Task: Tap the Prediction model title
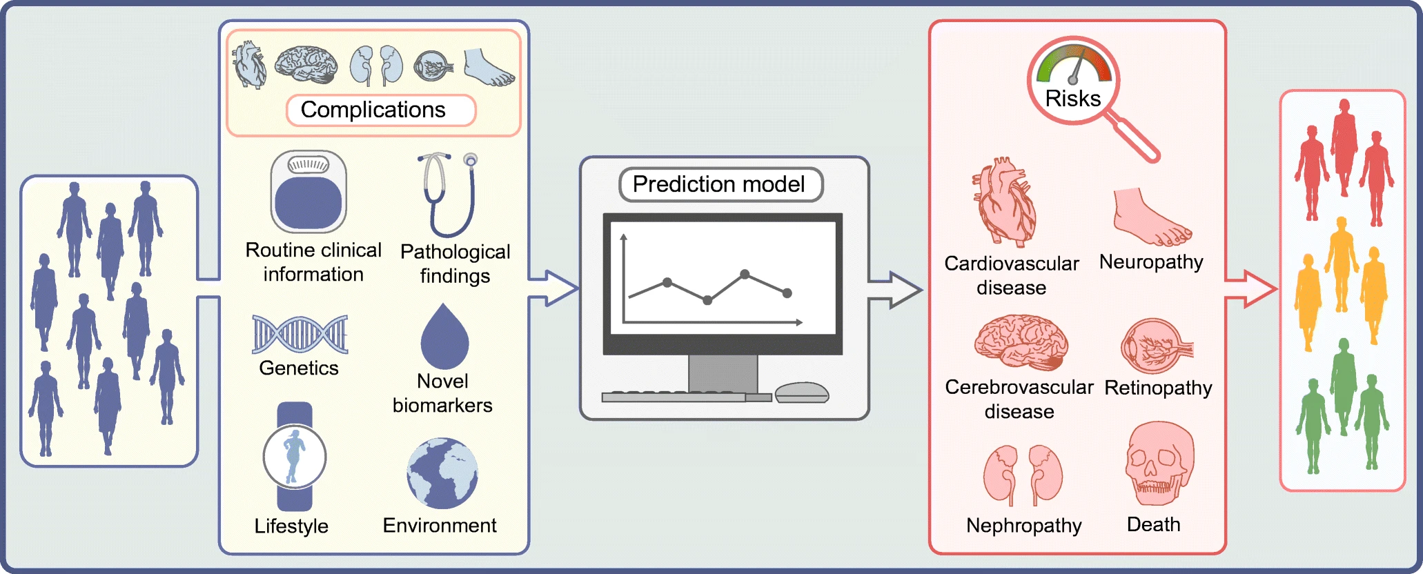tap(720, 184)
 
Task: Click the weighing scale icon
tap(308, 192)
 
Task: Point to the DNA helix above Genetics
tap(300, 335)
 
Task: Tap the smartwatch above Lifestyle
tap(295, 456)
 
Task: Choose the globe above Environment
tap(442, 473)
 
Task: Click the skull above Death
tap(1159, 464)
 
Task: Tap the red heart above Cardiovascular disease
tap(1005, 203)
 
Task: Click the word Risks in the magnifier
tap(1073, 99)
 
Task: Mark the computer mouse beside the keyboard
tap(801, 393)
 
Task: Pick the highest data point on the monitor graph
tap(745, 274)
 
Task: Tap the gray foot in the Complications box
tap(488, 68)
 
